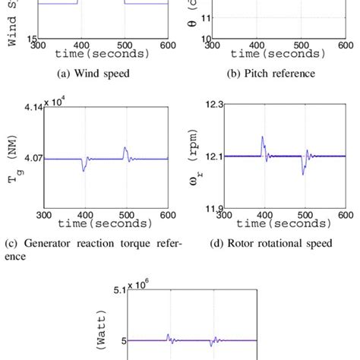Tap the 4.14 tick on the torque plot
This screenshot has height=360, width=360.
(x=30, y=109)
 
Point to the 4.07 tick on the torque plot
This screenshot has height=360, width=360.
(x=30, y=159)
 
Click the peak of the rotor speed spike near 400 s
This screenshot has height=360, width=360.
(x=262, y=137)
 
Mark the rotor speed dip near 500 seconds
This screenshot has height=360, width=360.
(x=304, y=173)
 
